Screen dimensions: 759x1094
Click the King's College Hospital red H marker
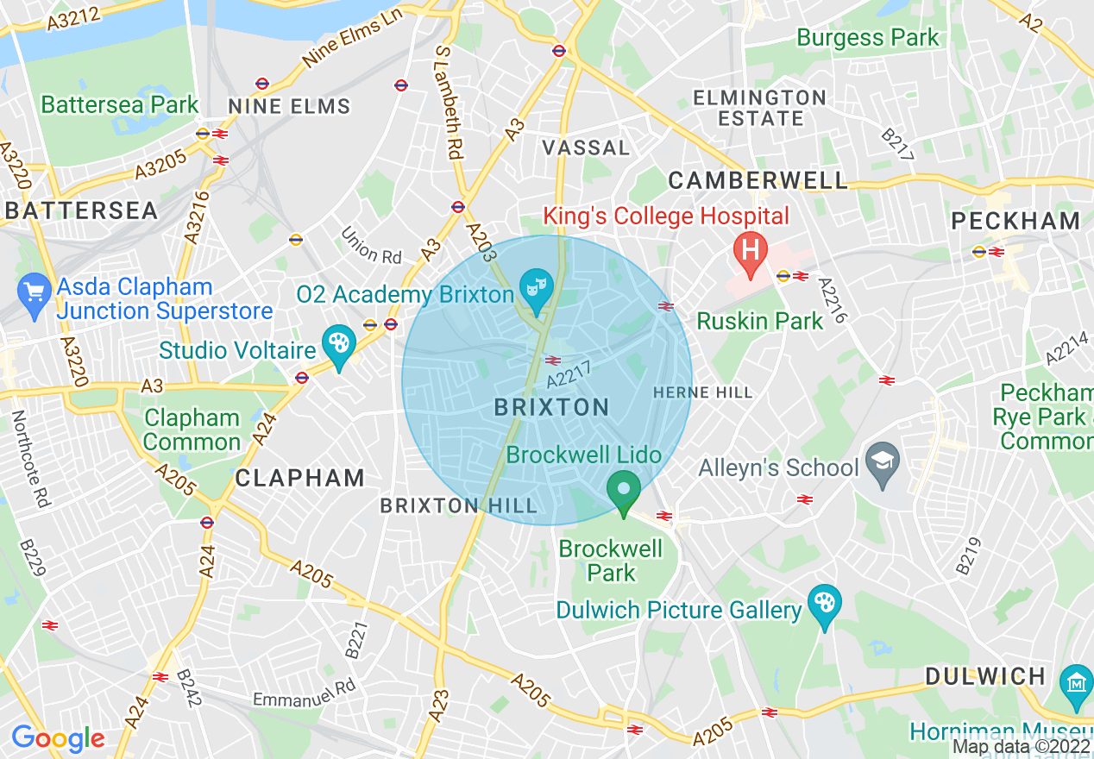click(x=750, y=252)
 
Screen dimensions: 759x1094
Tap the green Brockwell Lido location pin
click(x=623, y=490)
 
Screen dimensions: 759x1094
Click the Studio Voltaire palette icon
click(x=337, y=344)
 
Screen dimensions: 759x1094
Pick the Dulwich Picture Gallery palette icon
click(x=825, y=603)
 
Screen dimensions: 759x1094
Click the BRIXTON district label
click(x=552, y=408)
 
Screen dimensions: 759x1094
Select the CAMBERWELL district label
click(x=758, y=180)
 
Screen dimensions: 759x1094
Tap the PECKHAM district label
click(x=1015, y=221)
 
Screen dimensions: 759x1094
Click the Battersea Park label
click(x=120, y=105)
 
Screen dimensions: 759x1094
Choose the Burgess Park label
click(x=867, y=38)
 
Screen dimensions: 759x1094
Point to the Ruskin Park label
click(x=759, y=322)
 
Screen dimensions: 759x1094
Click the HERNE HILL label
click(x=702, y=392)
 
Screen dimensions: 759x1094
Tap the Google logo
click(x=58, y=738)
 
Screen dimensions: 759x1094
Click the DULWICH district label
click(x=986, y=676)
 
